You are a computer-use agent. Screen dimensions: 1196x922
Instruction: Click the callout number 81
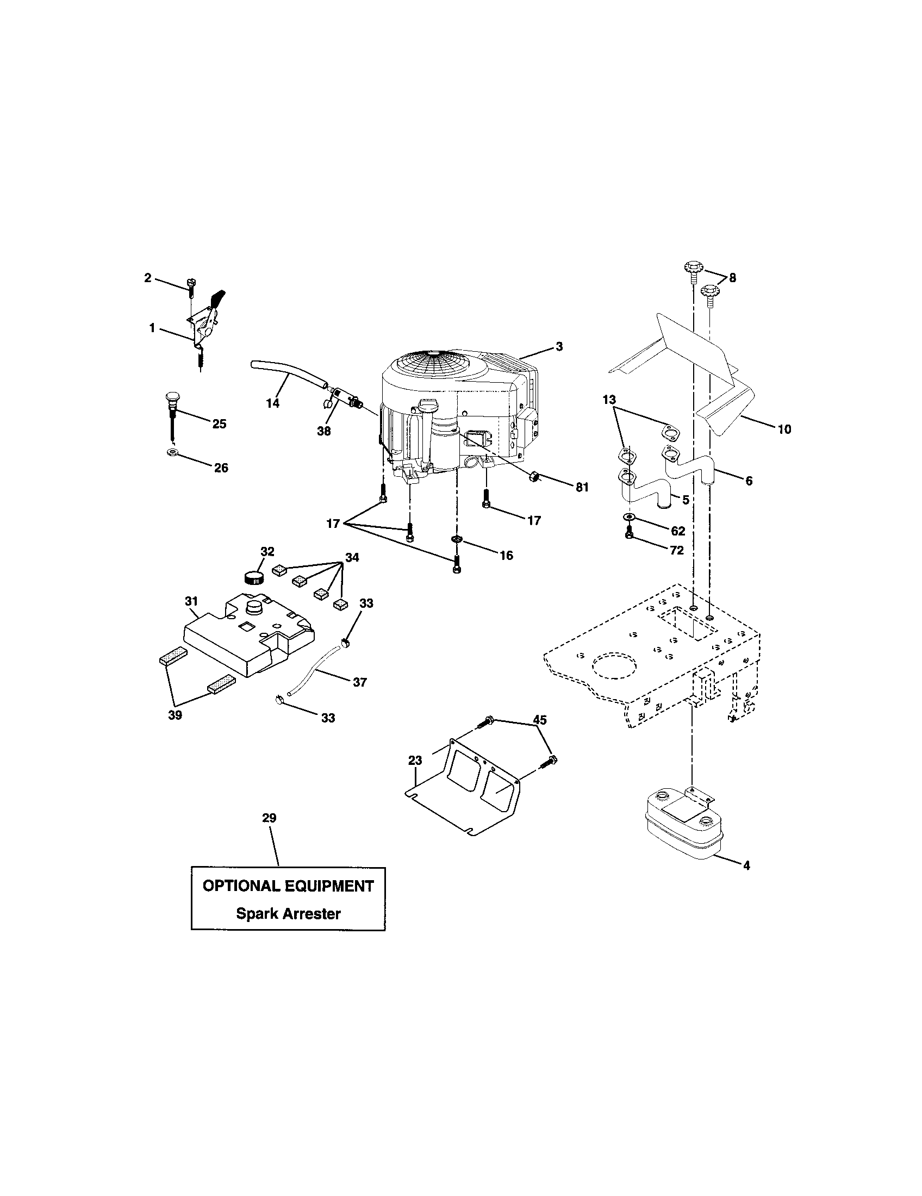coord(582,487)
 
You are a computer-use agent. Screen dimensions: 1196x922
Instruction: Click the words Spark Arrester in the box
coord(288,913)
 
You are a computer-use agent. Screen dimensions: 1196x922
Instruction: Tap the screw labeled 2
coord(191,285)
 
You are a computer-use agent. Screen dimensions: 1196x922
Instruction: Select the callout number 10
coord(784,429)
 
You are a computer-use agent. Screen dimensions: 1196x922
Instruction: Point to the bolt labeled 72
coord(630,533)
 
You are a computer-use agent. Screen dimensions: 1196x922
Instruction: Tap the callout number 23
coord(415,760)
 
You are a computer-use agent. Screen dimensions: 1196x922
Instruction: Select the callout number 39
coord(175,715)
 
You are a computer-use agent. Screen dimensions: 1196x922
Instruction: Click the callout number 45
coord(540,720)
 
